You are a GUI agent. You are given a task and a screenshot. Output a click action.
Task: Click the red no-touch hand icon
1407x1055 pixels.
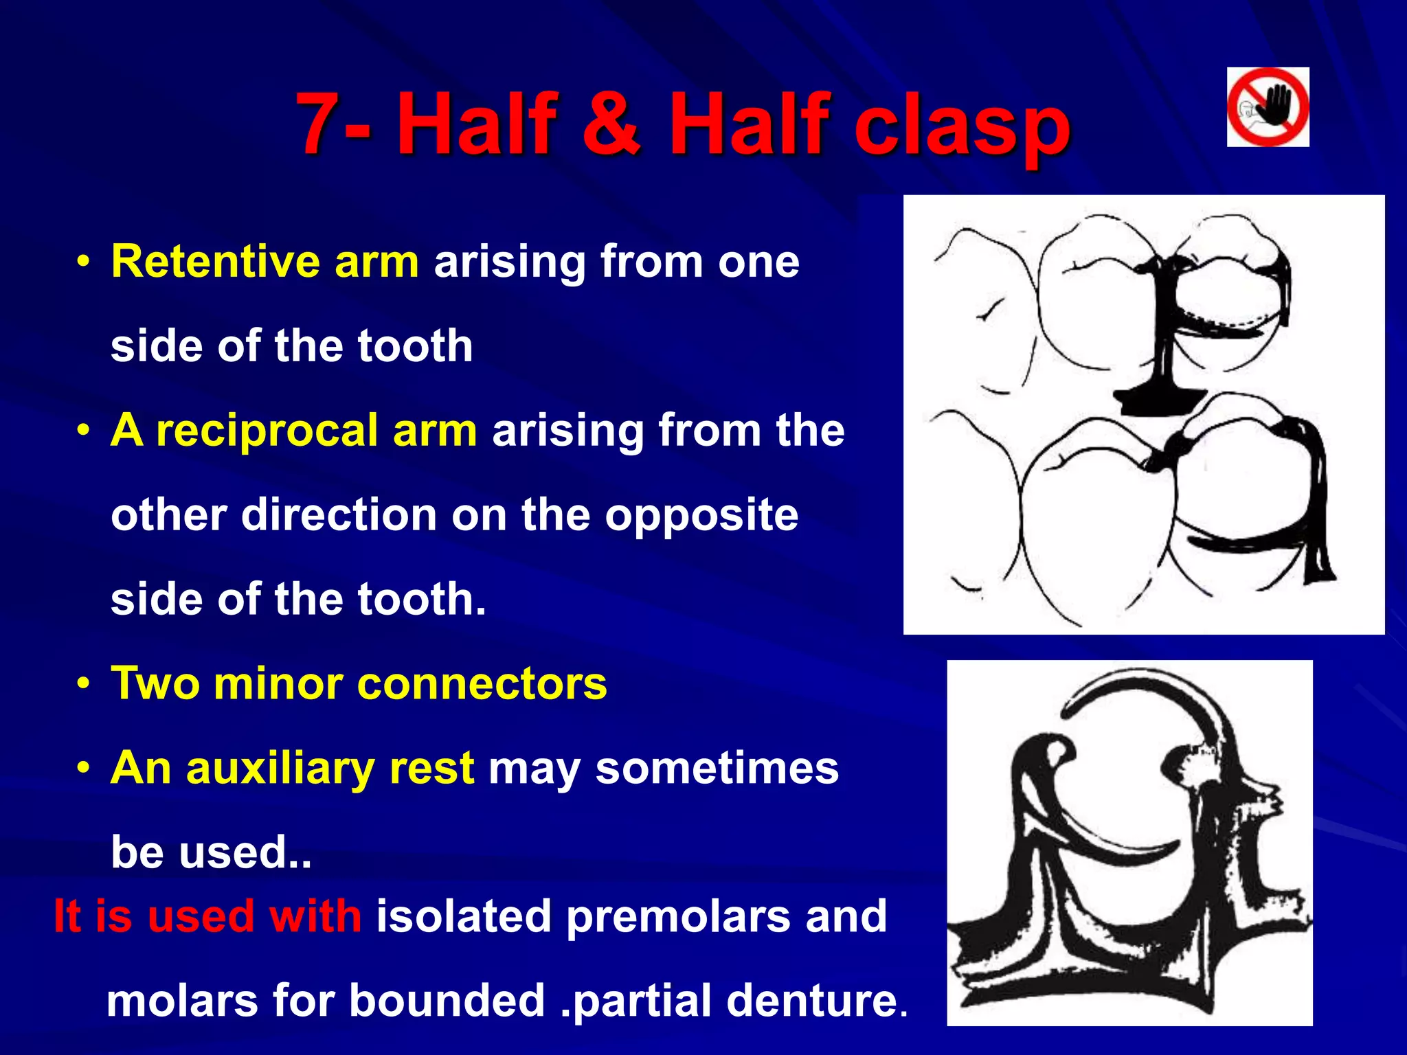1268,107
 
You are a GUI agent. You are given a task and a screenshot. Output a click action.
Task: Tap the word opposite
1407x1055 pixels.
701,515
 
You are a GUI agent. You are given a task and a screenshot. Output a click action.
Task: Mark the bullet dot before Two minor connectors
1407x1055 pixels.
84,684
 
